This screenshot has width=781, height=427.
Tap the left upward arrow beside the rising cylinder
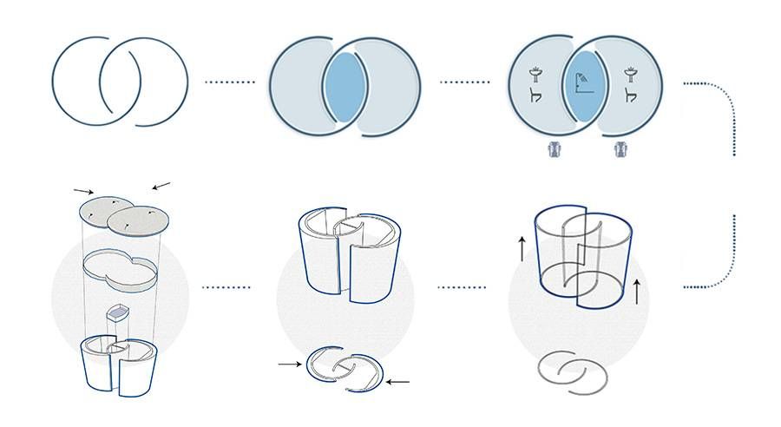[x=521, y=249]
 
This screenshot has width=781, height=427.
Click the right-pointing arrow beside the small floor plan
[x=289, y=365]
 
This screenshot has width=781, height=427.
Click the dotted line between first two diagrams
[x=229, y=82]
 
